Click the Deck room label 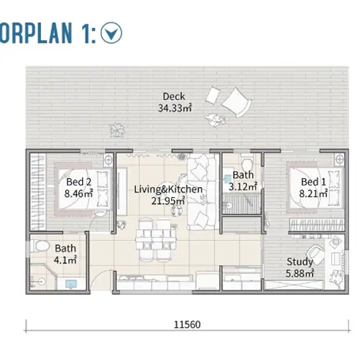point(174,96)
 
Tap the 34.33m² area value point(175,108)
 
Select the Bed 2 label point(79,182)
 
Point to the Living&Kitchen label point(168,190)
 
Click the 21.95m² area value point(168,201)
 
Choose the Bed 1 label point(313,182)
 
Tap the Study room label point(299,262)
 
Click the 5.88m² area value point(299,273)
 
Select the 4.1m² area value point(65,260)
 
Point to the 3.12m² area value point(243,186)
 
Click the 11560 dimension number point(187,325)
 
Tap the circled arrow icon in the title point(111,33)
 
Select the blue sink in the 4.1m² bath point(71,284)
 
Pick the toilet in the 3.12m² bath point(247,163)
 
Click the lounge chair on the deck point(236,102)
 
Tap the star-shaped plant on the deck point(117,130)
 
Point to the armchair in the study point(315,254)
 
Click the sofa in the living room point(202,192)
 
